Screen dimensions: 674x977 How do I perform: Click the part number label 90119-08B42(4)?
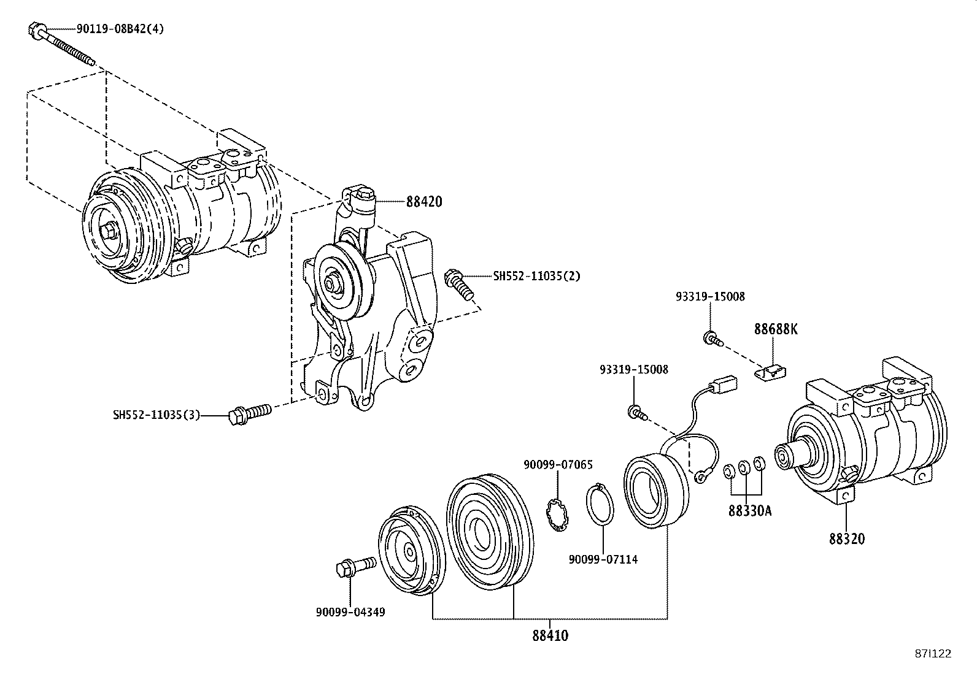(x=120, y=29)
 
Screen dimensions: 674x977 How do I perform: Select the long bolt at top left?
(x=61, y=44)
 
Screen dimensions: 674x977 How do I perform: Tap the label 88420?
(x=423, y=202)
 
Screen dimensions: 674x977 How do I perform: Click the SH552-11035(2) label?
(x=536, y=276)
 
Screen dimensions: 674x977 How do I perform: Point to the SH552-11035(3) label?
(x=156, y=415)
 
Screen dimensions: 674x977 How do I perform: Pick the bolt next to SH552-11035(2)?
(x=460, y=284)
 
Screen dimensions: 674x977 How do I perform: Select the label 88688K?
(x=776, y=329)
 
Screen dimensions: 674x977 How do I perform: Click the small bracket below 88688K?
(x=772, y=371)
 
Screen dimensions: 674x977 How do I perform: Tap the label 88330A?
(x=750, y=510)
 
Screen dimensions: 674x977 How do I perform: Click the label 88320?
(x=847, y=538)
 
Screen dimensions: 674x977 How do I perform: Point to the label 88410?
(x=550, y=636)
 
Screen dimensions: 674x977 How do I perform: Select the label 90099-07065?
(x=558, y=465)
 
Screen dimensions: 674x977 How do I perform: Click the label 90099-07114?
(x=603, y=559)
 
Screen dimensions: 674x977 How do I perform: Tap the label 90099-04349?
(x=350, y=611)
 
